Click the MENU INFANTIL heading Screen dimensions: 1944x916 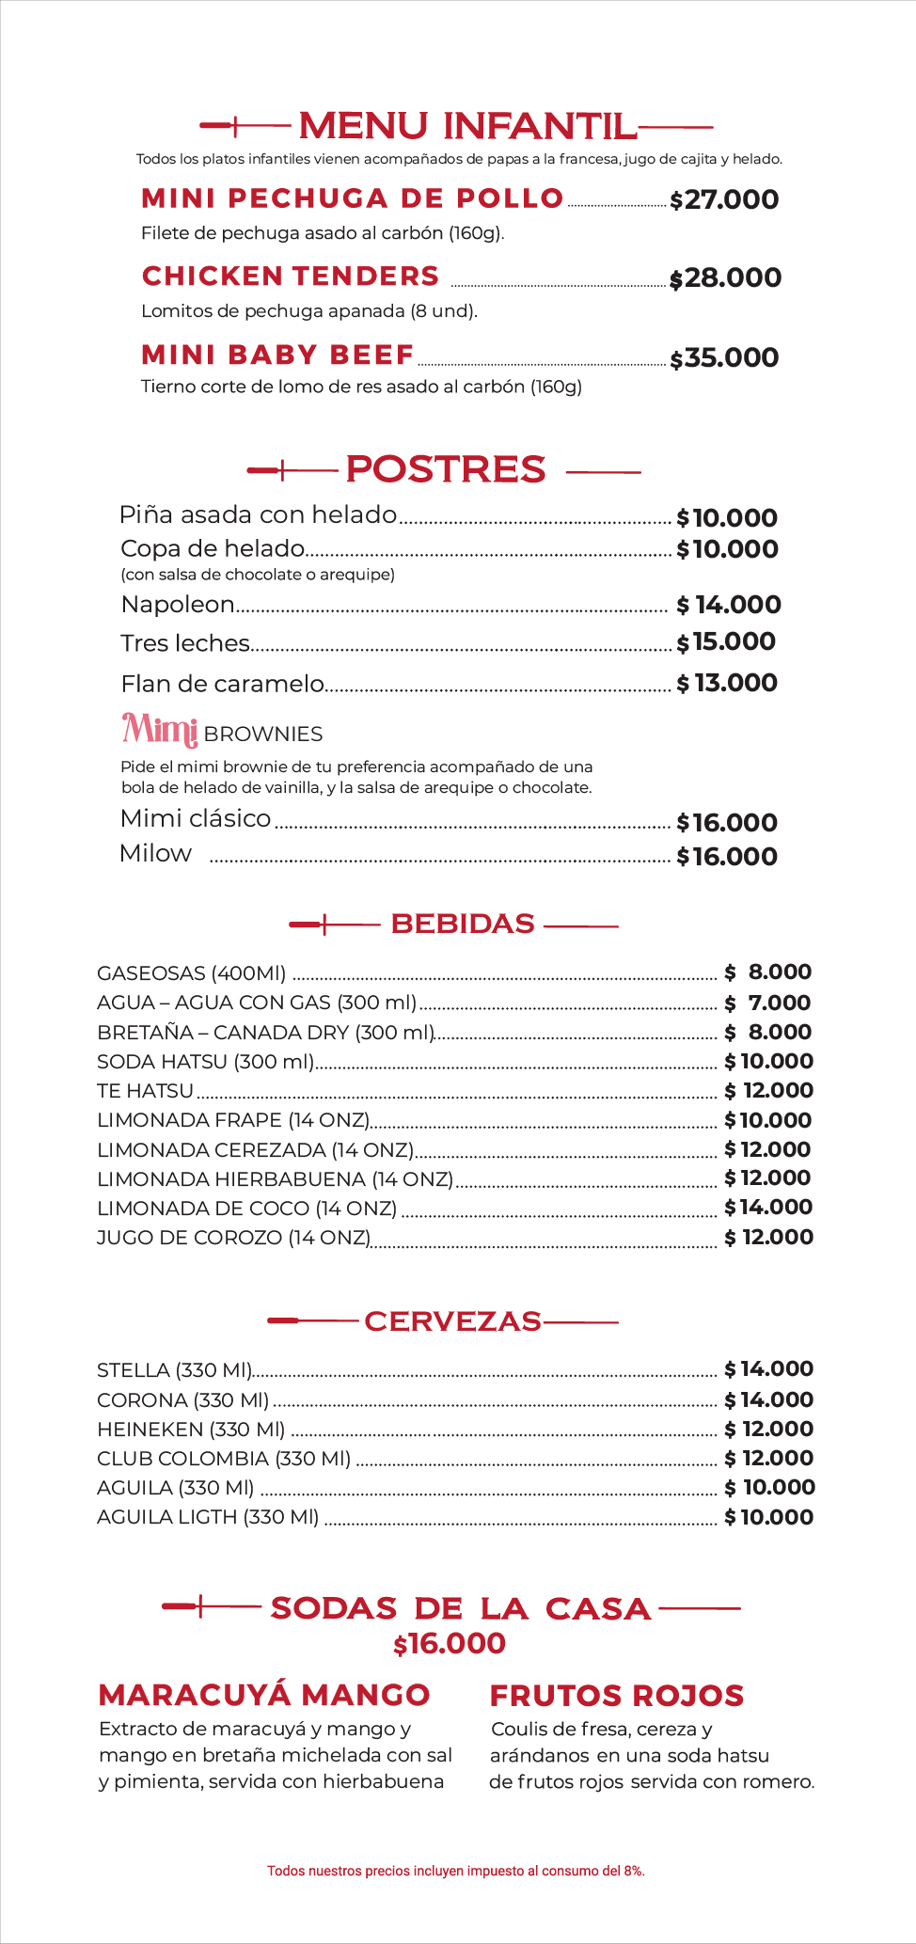(x=467, y=126)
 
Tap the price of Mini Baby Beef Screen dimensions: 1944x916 (x=724, y=358)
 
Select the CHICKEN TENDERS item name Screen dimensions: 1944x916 (x=291, y=277)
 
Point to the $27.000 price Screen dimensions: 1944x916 (x=724, y=200)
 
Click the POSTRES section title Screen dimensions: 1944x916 (x=445, y=469)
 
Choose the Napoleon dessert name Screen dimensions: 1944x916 (x=178, y=605)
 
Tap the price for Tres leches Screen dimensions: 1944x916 (x=726, y=642)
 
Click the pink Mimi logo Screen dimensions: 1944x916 (x=160, y=729)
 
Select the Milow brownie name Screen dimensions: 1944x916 (x=156, y=854)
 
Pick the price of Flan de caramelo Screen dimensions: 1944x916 (x=727, y=684)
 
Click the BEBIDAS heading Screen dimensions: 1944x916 (x=463, y=925)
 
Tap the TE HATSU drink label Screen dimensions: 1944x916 (x=145, y=1091)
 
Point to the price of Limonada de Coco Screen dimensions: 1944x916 (x=767, y=1208)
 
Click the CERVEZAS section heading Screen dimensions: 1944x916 (x=452, y=1321)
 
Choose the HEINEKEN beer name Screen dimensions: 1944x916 (x=191, y=1430)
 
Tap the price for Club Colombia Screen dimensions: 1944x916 (x=768, y=1459)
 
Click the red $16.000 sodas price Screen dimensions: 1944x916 (x=450, y=1644)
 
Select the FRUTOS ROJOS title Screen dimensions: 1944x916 (x=617, y=1696)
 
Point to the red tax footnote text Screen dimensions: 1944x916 (x=456, y=1871)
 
